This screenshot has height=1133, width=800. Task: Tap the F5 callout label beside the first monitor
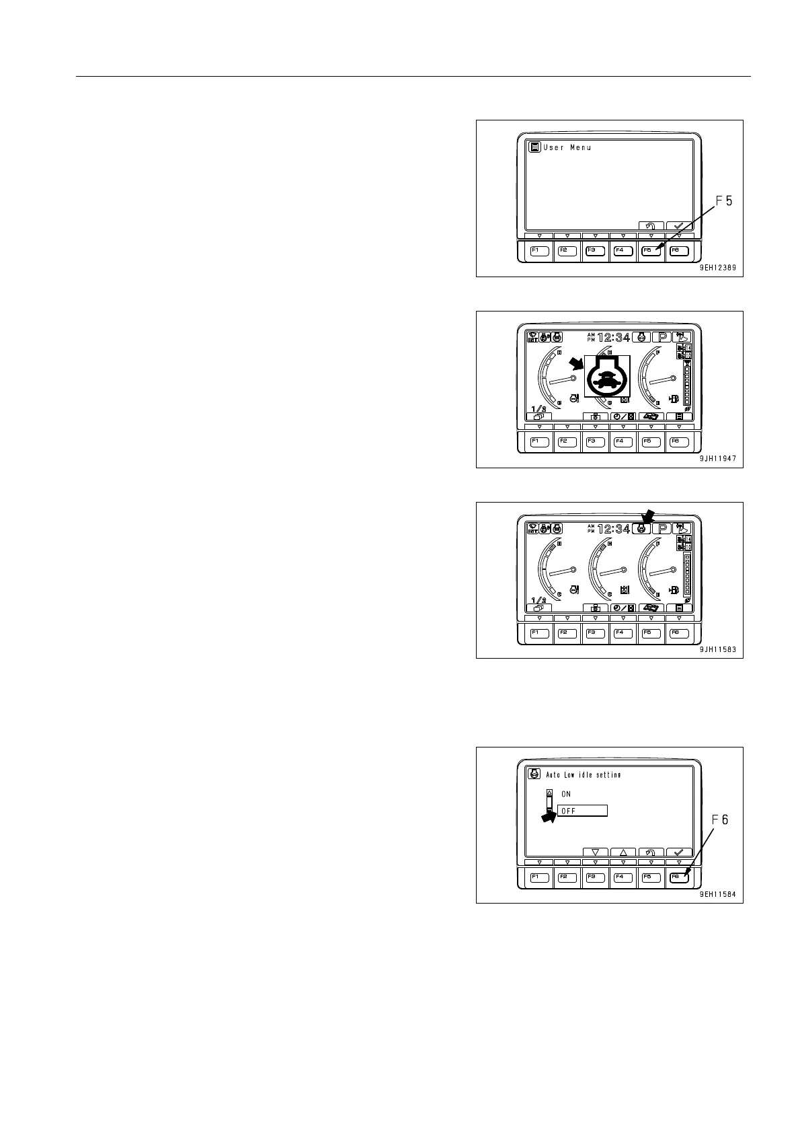tap(723, 200)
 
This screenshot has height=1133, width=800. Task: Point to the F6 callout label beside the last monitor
tap(720, 819)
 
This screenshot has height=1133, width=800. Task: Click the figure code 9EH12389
tap(717, 268)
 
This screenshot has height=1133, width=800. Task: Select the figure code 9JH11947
tap(717, 459)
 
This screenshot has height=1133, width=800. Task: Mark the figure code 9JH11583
tap(717, 649)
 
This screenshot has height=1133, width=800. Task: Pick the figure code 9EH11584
tap(717, 894)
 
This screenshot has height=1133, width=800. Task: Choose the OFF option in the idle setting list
tap(582, 811)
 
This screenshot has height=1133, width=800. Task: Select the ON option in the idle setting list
tap(566, 795)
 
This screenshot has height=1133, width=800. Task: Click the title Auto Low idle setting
tap(583, 775)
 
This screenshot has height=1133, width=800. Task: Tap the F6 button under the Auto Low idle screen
tap(679, 877)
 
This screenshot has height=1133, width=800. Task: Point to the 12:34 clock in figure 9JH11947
tap(614, 338)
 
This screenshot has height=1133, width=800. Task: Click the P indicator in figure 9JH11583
tap(662, 529)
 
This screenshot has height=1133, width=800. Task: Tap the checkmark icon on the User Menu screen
tap(679, 226)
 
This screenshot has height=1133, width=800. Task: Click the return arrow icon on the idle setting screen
tap(651, 852)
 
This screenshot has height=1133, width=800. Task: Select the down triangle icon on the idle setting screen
tap(595, 852)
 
